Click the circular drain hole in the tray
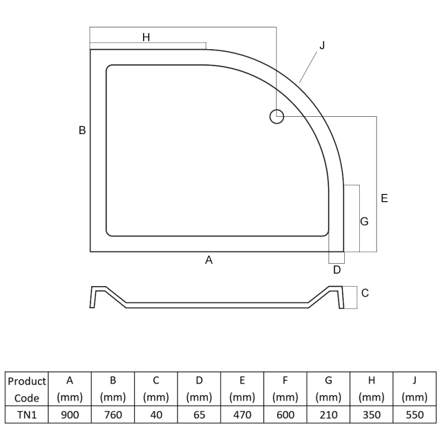pos(277,117)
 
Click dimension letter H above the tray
pos(146,37)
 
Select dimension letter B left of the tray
pos(82,130)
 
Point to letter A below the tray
pos(209,260)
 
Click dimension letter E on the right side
pos(384,198)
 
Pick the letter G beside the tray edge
pos(364,222)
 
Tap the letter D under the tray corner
pos(336,270)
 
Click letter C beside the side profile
pos(365,293)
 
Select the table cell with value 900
pos(70,415)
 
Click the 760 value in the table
pos(113,415)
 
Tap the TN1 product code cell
pos(27,415)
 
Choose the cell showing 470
pos(242,415)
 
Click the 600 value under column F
pos(285,415)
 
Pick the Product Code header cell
pos(27,389)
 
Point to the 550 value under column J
pos(414,415)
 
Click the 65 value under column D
pos(199,415)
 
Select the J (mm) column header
pos(414,389)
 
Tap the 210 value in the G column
pos(328,415)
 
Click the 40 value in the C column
pos(156,415)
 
